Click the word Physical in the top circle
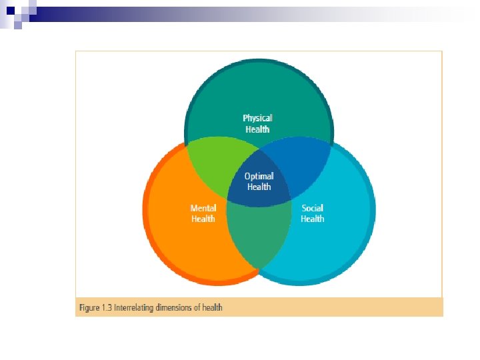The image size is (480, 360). coord(257,118)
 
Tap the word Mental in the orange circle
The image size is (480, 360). coord(203,209)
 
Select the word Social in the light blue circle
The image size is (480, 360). coord(313,209)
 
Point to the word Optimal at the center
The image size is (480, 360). coord(259,177)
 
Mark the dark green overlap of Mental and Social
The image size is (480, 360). coord(259,237)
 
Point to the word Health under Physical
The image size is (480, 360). coord(257,129)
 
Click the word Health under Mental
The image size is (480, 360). coord(203,219)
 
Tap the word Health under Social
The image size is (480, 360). coord(313,219)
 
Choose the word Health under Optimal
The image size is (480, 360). coord(259,187)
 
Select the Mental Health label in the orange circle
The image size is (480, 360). coord(203,213)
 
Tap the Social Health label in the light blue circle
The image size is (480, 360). coord(313,213)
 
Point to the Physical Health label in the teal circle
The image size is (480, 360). coord(257,123)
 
